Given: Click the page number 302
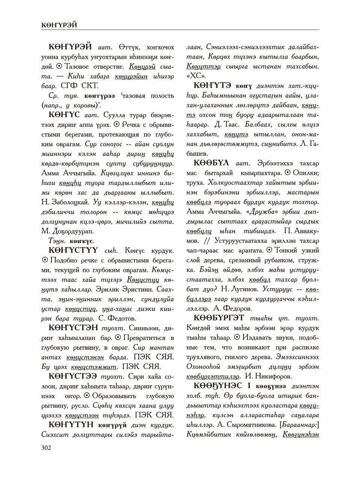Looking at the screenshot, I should pyautogui.click(x=47, y=447).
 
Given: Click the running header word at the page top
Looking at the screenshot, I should pyautogui.click(x=59, y=25).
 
